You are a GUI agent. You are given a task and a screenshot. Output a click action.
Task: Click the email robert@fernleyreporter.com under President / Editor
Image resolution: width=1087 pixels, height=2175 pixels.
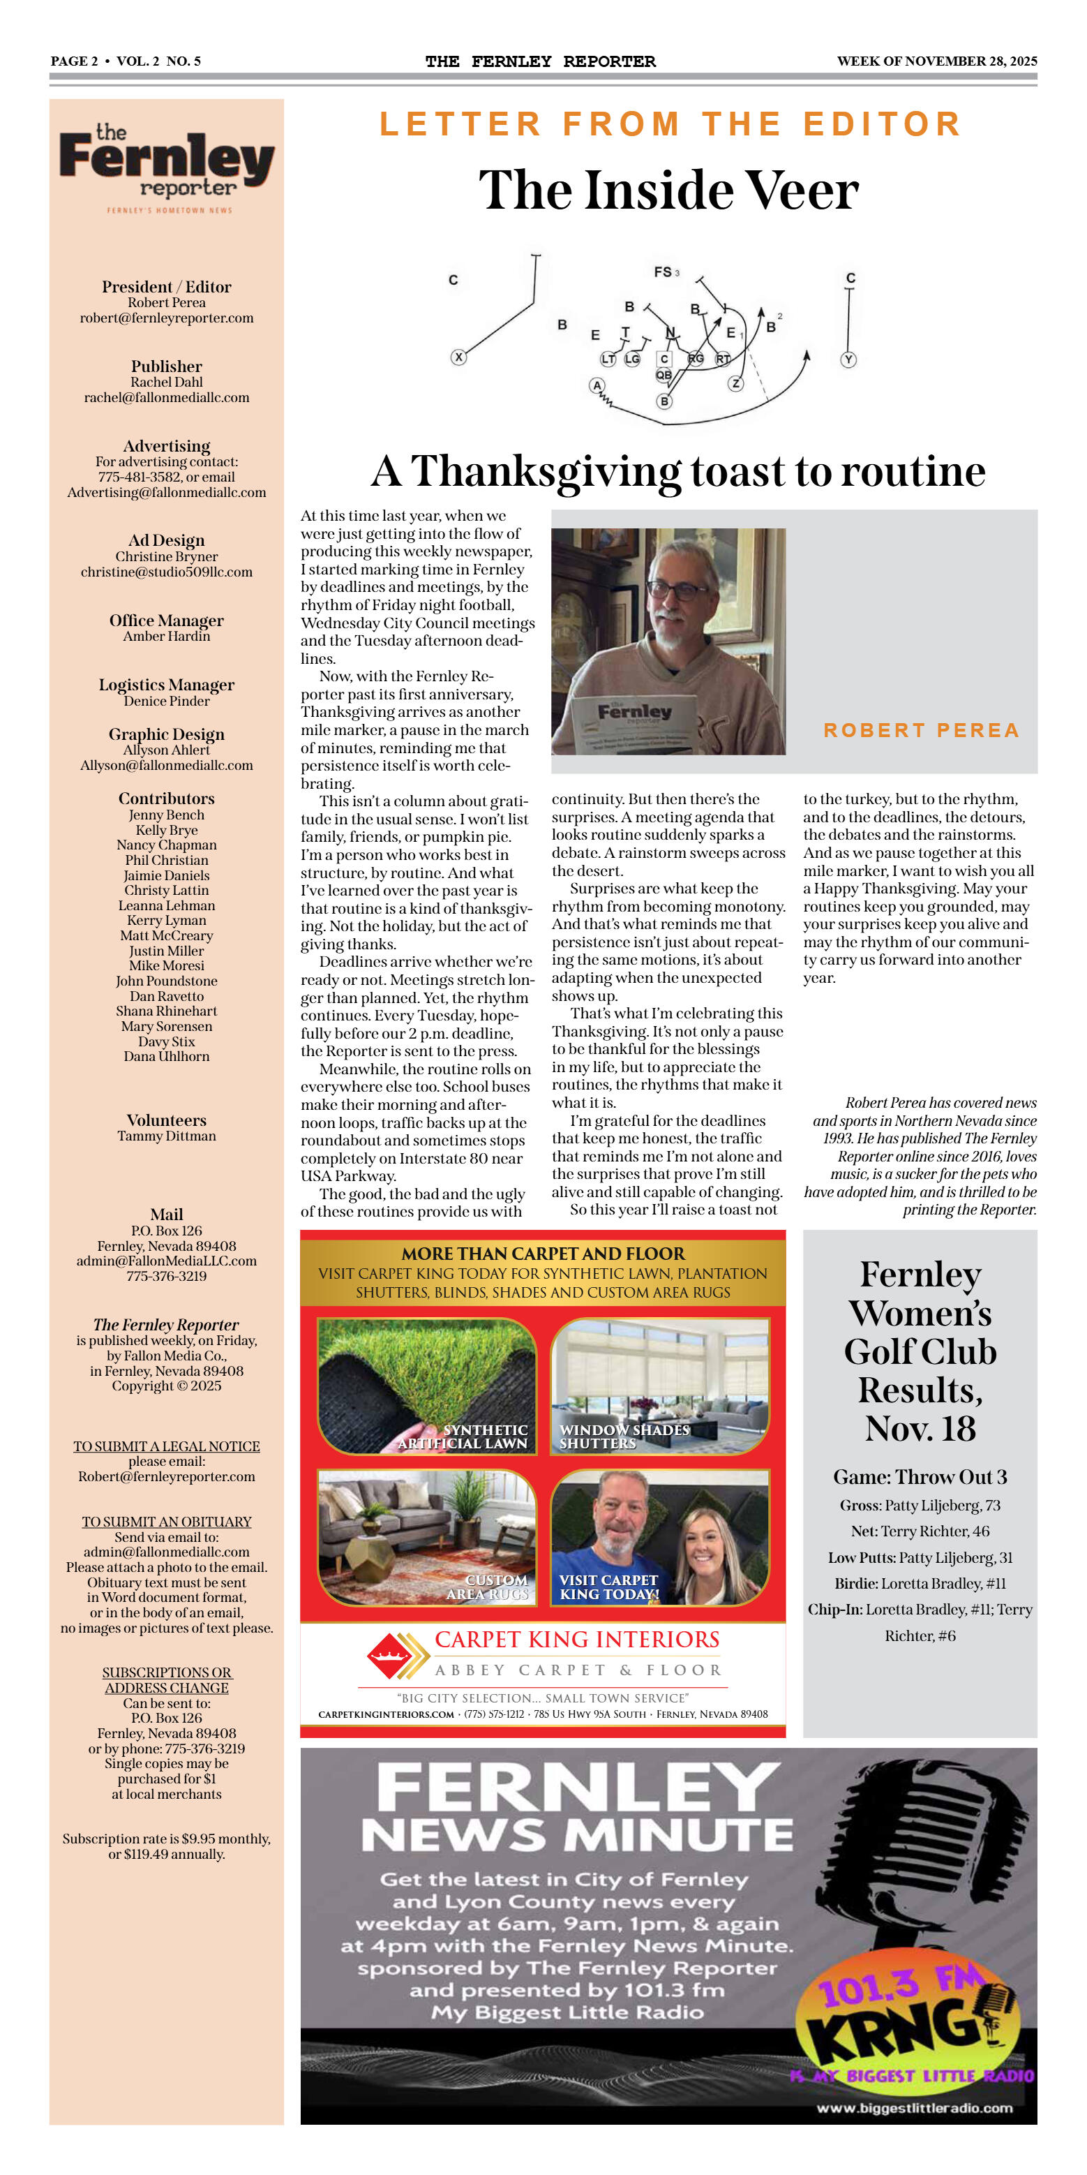click(x=166, y=318)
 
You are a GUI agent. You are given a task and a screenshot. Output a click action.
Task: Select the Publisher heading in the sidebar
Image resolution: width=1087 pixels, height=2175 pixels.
click(x=166, y=366)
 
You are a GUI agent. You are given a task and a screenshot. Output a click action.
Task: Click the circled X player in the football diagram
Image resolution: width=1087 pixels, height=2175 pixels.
click(x=458, y=357)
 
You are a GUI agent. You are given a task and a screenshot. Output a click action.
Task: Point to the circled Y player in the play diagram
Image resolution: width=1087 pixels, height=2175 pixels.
click(x=849, y=359)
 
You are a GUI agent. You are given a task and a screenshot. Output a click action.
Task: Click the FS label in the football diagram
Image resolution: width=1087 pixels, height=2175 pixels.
click(x=663, y=272)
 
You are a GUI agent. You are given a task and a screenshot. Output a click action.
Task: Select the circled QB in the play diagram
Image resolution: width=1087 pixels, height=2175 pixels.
click(x=664, y=375)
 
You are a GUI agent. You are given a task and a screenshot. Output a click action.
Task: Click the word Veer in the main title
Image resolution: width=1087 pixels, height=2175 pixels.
click(x=802, y=191)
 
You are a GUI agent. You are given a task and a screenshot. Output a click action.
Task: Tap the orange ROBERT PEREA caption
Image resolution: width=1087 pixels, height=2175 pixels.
click(x=921, y=730)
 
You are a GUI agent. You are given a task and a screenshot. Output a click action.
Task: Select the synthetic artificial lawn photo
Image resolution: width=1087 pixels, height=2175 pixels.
click(x=426, y=1385)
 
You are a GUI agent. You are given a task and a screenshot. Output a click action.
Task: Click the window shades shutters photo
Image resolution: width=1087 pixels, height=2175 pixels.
click(x=659, y=1385)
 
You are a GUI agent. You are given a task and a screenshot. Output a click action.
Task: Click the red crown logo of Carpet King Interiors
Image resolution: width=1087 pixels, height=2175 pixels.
click(x=389, y=1656)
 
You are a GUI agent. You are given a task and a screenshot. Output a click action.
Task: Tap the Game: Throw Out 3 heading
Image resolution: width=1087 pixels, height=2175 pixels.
click(x=920, y=1477)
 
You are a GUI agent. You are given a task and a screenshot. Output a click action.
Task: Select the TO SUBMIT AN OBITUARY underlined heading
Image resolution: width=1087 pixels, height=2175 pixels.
click(x=166, y=1522)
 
